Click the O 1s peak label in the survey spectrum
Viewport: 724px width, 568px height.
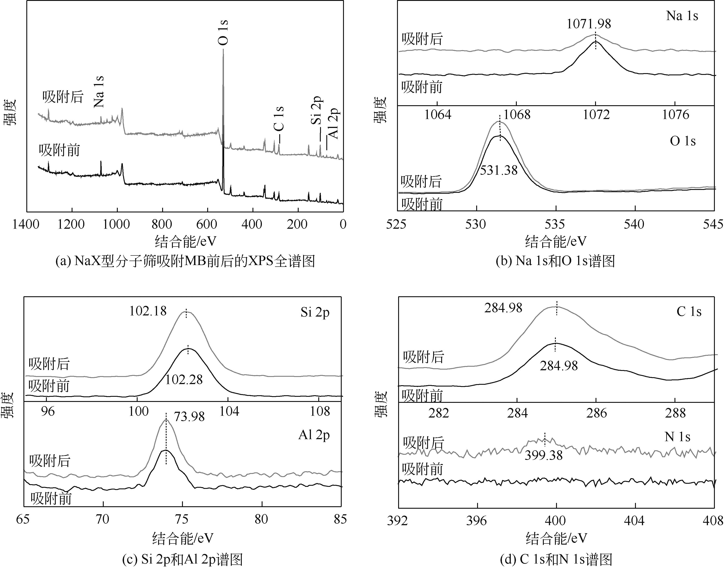point(223,32)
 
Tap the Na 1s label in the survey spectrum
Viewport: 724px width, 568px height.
point(99,92)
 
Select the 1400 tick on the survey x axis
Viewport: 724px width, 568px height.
point(26,224)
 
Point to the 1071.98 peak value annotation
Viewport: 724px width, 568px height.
point(589,24)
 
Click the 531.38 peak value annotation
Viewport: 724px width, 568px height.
point(499,170)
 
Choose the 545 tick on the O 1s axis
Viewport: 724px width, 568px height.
point(713,224)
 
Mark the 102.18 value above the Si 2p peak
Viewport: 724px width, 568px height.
point(148,311)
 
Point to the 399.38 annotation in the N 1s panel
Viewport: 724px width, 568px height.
point(544,455)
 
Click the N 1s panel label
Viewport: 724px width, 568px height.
point(677,437)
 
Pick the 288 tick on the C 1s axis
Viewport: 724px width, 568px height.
point(675,413)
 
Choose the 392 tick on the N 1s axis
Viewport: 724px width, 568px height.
point(398,521)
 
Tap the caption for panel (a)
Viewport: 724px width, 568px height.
point(185,261)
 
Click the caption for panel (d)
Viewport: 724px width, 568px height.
point(556,560)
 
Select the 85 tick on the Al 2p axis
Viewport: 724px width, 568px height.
point(340,519)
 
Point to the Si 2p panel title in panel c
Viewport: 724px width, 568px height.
point(315,313)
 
